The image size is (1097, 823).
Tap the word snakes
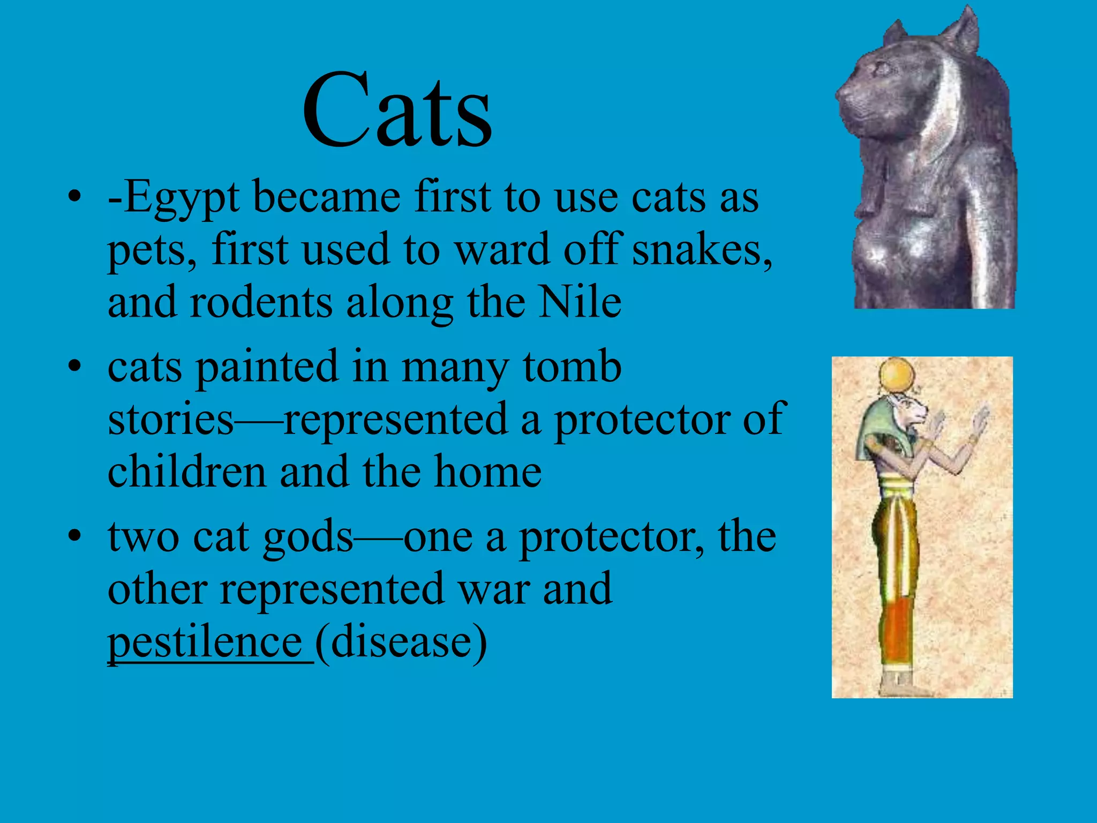[702, 250]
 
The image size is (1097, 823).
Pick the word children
[187, 472]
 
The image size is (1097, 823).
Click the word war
[493, 589]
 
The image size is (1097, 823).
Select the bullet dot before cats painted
[75, 366]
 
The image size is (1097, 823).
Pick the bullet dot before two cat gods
[75, 536]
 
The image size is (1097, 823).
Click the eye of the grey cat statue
[881, 68]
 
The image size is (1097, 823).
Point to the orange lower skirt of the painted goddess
[900, 632]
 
